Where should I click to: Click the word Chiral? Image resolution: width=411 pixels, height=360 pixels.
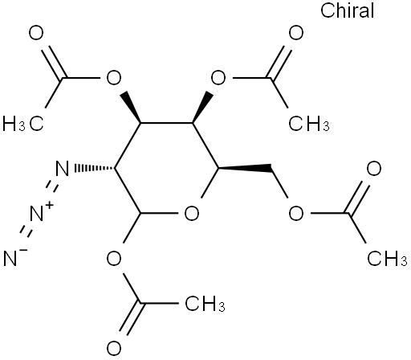point(347,10)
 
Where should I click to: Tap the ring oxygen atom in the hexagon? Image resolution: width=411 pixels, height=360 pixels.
point(192,214)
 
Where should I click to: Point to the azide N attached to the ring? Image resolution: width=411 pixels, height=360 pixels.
point(62,168)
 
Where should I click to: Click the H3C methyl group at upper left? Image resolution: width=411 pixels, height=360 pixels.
point(22,124)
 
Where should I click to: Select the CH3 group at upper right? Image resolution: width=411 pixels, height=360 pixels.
point(309,124)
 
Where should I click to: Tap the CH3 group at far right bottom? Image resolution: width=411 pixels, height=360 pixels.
point(387,258)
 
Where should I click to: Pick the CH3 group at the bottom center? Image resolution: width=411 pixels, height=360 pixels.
point(205,304)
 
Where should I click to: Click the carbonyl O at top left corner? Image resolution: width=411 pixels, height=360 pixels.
point(36,33)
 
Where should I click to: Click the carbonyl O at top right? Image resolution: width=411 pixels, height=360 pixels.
point(296,33)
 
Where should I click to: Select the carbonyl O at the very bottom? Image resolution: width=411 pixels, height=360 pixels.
point(114,349)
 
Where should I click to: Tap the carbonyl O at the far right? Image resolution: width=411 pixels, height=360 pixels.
point(374,169)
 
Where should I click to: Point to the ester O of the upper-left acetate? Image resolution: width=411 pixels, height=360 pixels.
point(114,78)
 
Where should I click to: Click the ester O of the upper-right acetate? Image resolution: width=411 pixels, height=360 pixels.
point(218,78)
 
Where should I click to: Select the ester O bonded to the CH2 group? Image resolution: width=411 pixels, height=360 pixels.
point(296,214)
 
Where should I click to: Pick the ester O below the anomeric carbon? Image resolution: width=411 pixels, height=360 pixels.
point(114,259)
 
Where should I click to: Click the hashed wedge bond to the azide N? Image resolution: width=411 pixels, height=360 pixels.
point(94,168)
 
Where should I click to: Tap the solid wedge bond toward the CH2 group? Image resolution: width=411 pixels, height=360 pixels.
point(245,168)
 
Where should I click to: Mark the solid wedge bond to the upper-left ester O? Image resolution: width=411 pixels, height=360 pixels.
point(131,108)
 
